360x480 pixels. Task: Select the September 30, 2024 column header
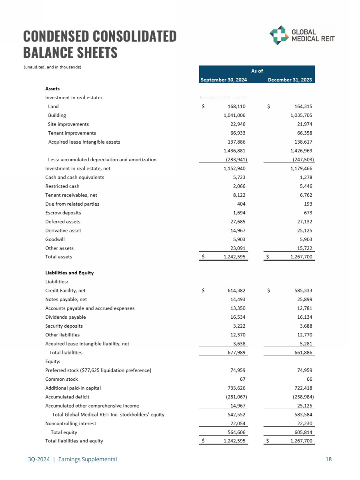223,80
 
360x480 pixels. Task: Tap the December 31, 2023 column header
290,80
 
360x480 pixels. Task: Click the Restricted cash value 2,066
238,186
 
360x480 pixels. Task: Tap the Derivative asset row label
63,230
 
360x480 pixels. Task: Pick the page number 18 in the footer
328,459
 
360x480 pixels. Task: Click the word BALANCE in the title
50,53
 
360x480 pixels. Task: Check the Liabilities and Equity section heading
69,273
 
